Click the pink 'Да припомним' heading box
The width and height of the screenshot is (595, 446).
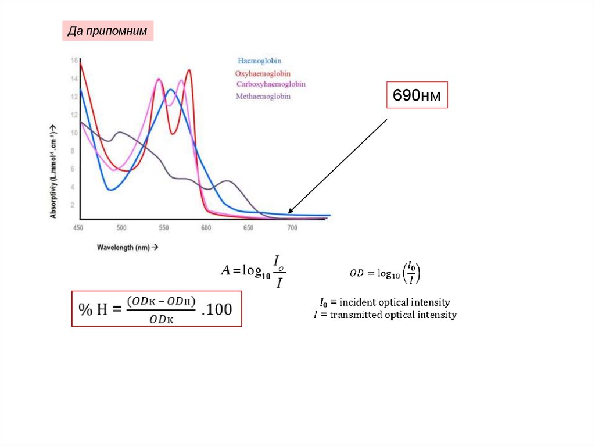[x=108, y=31]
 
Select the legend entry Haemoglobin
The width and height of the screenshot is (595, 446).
[x=260, y=60]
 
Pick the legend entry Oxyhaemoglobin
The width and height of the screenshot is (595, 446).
[x=263, y=74]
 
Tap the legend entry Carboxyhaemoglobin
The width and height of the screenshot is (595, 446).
[x=271, y=84]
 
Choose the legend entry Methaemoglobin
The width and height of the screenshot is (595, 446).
[x=263, y=97]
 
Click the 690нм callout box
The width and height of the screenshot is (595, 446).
[x=417, y=95]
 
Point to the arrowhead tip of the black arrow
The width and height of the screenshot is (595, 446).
[x=289, y=213]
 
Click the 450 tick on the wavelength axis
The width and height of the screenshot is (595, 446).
[x=78, y=229]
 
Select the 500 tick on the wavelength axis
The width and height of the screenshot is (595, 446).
[x=121, y=229]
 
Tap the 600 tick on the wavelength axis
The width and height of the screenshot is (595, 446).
[x=206, y=229]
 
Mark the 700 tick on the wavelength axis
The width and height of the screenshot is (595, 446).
[x=292, y=229]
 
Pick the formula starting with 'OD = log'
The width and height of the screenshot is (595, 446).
[x=385, y=273]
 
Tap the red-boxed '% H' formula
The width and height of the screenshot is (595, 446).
[x=156, y=309]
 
